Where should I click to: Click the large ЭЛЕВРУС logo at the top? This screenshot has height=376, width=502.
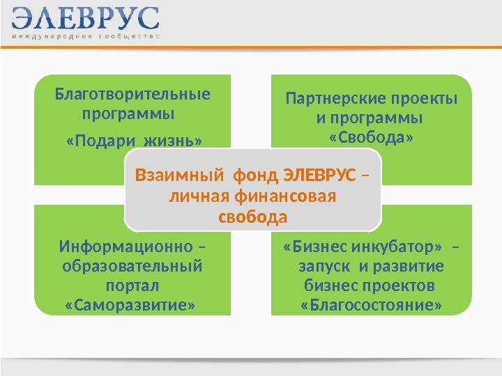pyautogui.click(x=85, y=19)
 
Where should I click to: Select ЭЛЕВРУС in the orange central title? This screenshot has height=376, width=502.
pyautogui.click(x=321, y=174)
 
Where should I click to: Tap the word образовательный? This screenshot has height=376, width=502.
pyautogui.click(x=132, y=267)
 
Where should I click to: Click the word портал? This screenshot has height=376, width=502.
pyautogui.click(x=132, y=286)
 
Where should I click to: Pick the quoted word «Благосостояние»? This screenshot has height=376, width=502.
pyautogui.click(x=371, y=306)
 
